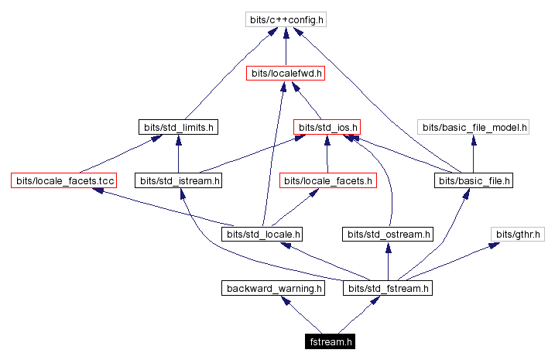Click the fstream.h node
(x=331, y=341)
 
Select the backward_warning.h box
(x=272, y=289)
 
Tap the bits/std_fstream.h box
(x=388, y=289)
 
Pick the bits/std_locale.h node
(x=262, y=233)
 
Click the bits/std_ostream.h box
(x=388, y=233)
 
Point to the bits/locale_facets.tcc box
(x=63, y=180)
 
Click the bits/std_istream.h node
(x=178, y=180)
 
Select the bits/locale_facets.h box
(x=327, y=180)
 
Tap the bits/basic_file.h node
(x=473, y=180)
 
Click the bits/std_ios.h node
(x=327, y=126)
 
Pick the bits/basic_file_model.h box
(x=473, y=126)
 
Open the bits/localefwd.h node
(x=285, y=74)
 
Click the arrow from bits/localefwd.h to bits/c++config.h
(x=286, y=46)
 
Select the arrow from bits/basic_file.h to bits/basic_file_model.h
(x=473, y=153)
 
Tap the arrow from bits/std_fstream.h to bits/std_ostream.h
(x=388, y=261)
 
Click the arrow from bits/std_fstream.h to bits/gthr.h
(x=457, y=260)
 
